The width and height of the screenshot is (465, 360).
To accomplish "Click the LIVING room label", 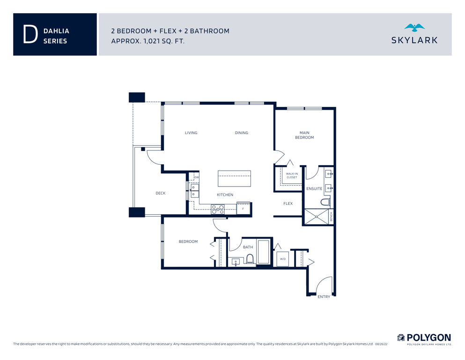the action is point(191,133).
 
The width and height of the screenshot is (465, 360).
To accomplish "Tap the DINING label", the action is point(241,133).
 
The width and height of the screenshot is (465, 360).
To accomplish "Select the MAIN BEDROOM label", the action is point(304,135).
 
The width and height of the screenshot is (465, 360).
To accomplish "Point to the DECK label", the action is point(161,193).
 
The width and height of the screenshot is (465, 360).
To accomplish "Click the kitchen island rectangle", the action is point(234,179).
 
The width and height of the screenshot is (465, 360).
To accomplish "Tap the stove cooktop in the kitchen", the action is point(218,209).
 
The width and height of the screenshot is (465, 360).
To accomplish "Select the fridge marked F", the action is point(244,208).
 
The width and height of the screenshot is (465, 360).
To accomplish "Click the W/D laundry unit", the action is point(283,259).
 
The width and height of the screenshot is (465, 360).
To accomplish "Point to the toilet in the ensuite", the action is point(325,202).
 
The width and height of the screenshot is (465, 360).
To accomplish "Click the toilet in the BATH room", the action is point(250,259).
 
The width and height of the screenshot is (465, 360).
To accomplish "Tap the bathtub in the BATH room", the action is point(264,252).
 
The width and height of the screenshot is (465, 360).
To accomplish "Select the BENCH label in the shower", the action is point(331,217).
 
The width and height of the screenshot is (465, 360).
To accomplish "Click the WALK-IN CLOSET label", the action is point(292,175).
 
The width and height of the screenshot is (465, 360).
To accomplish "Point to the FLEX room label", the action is point(288,203).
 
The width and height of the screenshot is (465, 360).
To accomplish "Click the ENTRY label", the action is point(324,297).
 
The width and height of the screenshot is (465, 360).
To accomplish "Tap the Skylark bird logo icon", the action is point(414,28).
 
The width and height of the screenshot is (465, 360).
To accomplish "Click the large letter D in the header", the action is point(30,34).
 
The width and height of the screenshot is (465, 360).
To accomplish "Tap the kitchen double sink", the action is point(195,191).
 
